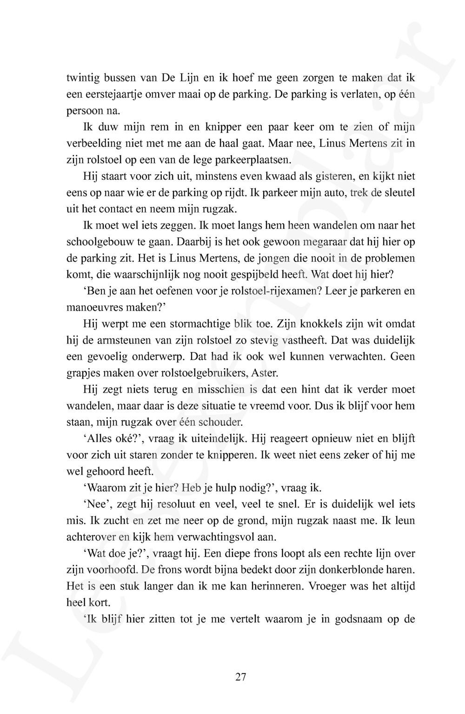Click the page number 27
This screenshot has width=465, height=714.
[x=240, y=677]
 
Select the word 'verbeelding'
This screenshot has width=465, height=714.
[x=93, y=143]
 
